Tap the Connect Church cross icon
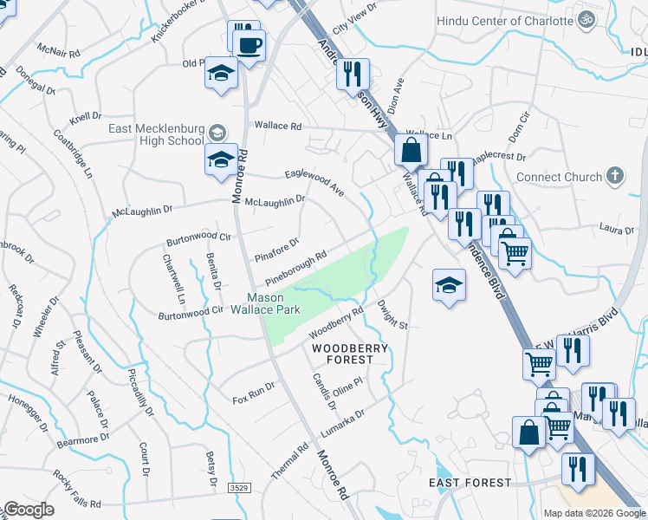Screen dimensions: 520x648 (614, 177)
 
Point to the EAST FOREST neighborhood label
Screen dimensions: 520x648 (470, 483)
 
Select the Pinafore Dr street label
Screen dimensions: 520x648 (277, 250)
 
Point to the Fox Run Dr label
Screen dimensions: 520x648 (254, 392)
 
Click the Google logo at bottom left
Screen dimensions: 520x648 (29, 510)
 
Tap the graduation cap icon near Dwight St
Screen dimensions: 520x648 (449, 284)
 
